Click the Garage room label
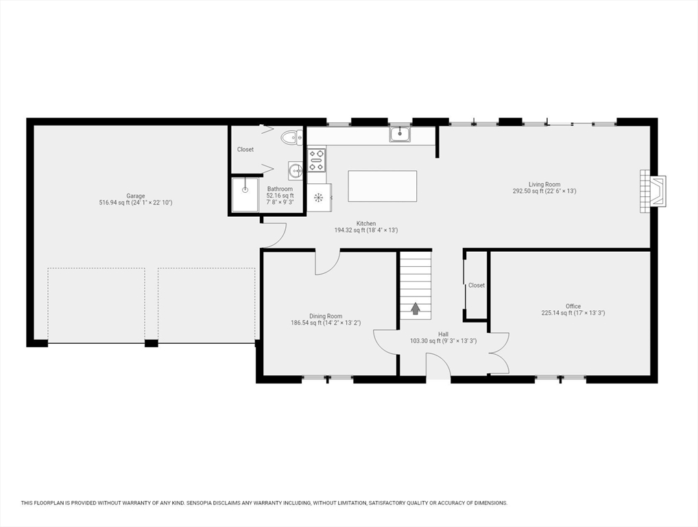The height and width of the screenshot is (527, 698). (x=135, y=196)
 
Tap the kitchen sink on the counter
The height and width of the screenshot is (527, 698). (x=400, y=134)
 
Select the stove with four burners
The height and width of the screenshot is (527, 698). (x=317, y=160)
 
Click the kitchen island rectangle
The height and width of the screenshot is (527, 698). (x=383, y=186)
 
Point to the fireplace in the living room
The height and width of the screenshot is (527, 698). (x=653, y=191)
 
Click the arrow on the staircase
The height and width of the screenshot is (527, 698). (x=416, y=308)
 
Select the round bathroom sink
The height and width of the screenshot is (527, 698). (x=295, y=170)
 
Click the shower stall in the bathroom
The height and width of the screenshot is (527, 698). (x=245, y=195)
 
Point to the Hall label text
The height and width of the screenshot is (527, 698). (x=444, y=334)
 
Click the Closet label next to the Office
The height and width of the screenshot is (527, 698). (x=477, y=285)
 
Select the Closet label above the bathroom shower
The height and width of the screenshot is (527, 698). (x=245, y=150)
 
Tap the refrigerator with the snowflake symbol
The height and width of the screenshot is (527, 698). (x=320, y=198)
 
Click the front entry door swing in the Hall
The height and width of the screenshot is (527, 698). (x=438, y=366)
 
